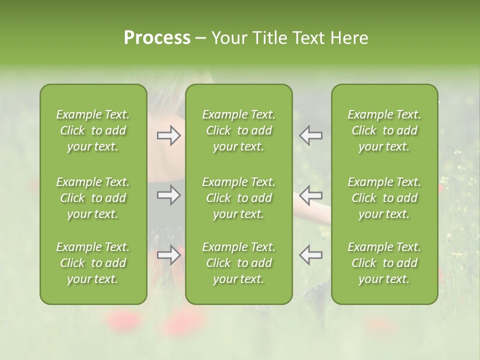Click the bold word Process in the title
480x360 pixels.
[x=157, y=38]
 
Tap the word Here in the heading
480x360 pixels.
[x=349, y=38]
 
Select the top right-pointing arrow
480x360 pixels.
[x=169, y=135]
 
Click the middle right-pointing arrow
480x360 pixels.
[x=169, y=194]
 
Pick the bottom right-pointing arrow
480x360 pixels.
[x=169, y=254]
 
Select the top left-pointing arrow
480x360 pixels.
[x=311, y=135]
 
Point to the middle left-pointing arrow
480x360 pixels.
[x=311, y=194]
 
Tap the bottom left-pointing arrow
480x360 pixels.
[x=311, y=254]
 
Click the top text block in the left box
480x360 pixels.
[x=93, y=130]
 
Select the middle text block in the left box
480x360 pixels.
[x=93, y=198]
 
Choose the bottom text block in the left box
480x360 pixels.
[x=93, y=263]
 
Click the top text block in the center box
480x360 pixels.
[x=239, y=130]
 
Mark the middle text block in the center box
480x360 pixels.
[x=239, y=198]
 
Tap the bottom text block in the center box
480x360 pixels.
[x=239, y=263]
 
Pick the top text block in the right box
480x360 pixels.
[x=384, y=130]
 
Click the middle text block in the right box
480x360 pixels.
[x=384, y=198]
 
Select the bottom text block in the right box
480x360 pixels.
[x=384, y=263]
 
